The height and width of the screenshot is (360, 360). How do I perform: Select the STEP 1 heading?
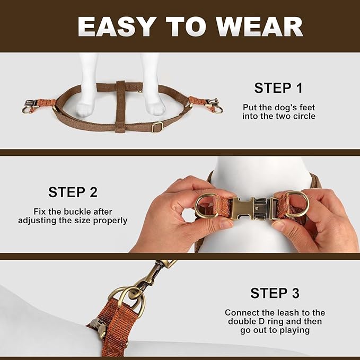click(x=278, y=88)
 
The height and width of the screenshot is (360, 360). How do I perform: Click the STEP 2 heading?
click(x=73, y=192)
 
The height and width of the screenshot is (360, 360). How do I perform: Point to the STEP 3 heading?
click(x=275, y=293)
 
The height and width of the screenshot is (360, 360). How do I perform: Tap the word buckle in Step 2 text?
click(x=84, y=212)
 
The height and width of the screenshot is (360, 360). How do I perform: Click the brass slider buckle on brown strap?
click(x=156, y=127)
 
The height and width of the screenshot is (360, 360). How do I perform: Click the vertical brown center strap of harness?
click(x=120, y=106)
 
